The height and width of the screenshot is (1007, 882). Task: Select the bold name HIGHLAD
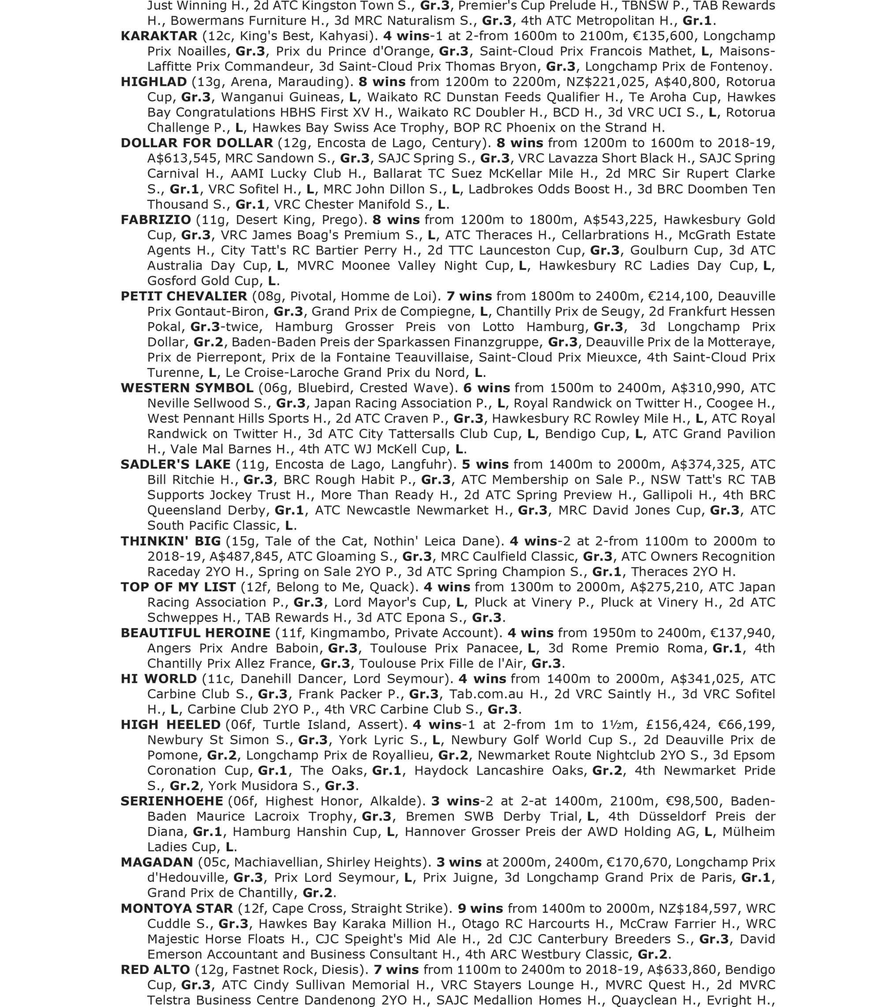point(153,82)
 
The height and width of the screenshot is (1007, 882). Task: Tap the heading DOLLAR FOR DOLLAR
point(197,143)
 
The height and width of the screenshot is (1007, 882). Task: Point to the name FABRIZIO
point(156,220)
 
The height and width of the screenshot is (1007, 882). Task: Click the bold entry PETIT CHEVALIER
point(184,296)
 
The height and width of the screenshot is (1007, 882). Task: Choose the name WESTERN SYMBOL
point(187,388)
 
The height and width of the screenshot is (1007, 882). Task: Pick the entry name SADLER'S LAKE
point(176,464)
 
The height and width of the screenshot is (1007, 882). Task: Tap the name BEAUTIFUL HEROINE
point(195,633)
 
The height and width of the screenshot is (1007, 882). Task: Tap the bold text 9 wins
point(480,908)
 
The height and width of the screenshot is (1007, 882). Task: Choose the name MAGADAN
point(157,862)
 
